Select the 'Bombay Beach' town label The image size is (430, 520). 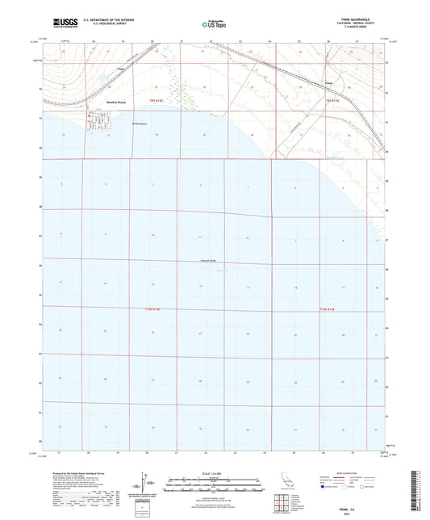pos(73,103)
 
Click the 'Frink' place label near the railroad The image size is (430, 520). pos(328,82)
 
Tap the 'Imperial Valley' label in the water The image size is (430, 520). pos(209,260)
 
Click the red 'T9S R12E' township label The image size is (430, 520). pos(157,101)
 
